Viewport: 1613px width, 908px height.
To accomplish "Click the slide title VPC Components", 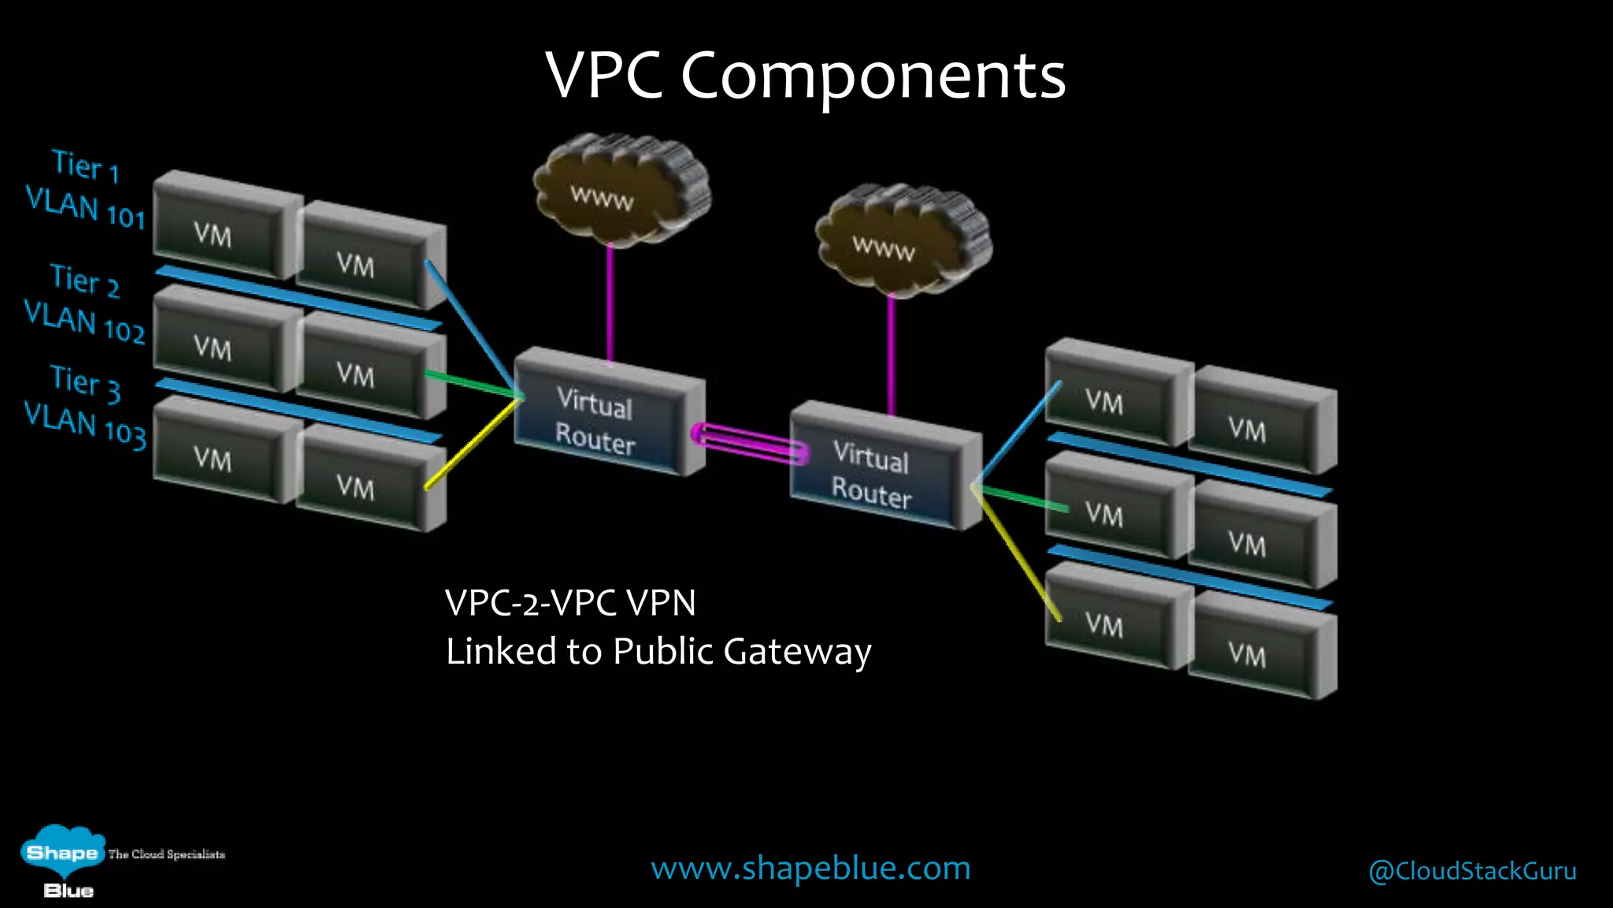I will (x=805, y=76).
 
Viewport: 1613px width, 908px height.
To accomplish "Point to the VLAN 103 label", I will (x=85, y=425).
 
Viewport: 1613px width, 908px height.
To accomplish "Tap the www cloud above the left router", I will (x=621, y=189).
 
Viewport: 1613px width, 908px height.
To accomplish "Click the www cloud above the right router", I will (x=903, y=240).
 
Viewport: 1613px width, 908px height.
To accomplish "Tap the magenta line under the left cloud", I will (x=610, y=303).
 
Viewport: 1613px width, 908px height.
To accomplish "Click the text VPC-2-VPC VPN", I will (x=570, y=603).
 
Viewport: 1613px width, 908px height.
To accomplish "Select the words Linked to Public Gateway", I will (x=658, y=652).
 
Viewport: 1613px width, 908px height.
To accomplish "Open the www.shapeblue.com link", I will (x=810, y=868).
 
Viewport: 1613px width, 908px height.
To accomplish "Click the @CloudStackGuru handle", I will (x=1472, y=871).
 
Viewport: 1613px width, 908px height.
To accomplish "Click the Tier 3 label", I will (x=85, y=382).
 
